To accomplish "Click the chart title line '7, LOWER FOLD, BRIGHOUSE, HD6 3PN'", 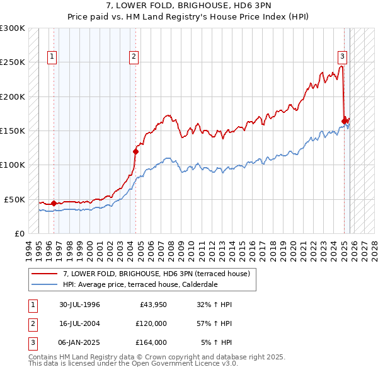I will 189,7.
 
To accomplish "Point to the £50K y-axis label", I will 15,199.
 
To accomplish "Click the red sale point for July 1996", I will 54,203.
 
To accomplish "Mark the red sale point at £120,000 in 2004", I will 135,151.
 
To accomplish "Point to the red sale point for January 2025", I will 344,121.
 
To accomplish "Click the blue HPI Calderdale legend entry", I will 140,284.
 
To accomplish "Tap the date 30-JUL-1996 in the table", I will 80,305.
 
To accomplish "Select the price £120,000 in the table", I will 151,323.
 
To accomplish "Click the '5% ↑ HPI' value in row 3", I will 216,342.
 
